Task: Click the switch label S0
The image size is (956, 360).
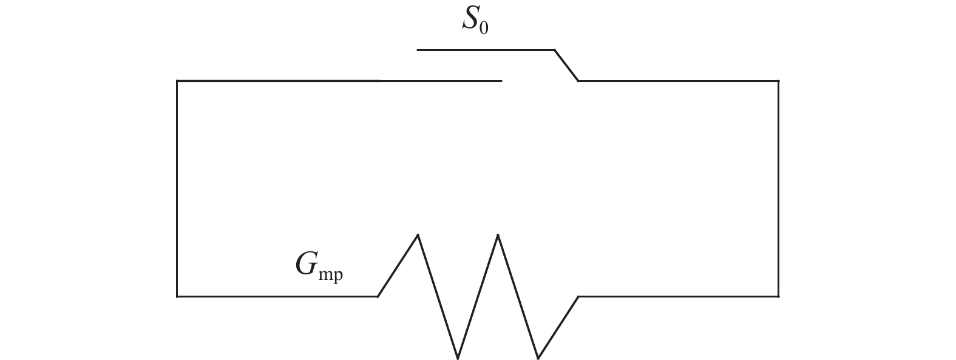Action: pos(474,21)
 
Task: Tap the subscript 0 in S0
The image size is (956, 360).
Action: pos(484,28)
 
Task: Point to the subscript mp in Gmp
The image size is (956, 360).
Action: pos(330,274)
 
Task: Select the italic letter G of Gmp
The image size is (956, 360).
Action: pos(305,264)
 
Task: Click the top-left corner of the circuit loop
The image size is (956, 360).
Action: pos(177,81)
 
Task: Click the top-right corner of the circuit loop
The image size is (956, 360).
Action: pos(778,81)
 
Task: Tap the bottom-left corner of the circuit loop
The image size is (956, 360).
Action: pos(177,296)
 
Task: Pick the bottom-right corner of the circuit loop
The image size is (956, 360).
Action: pos(778,296)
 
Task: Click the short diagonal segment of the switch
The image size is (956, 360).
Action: pos(566,65)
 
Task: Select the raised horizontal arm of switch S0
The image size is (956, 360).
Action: pos(486,50)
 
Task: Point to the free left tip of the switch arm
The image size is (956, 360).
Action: pos(418,50)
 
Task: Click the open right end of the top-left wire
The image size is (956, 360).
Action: pos(501,81)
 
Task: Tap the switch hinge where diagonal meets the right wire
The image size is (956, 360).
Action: pos(578,81)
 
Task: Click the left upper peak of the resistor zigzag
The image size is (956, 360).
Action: pos(418,234)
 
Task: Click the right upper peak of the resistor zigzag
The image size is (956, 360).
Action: pos(498,234)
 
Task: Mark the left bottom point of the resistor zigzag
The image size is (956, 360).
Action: pos(458,358)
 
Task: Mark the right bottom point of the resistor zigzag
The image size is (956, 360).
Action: pos(538,358)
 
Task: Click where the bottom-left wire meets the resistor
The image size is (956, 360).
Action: pos(378,296)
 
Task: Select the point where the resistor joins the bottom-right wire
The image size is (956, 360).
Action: pos(578,296)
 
